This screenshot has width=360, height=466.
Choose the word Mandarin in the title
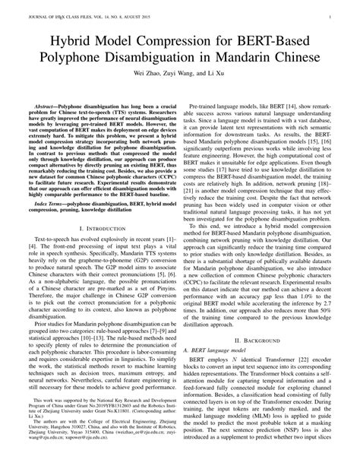257,59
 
